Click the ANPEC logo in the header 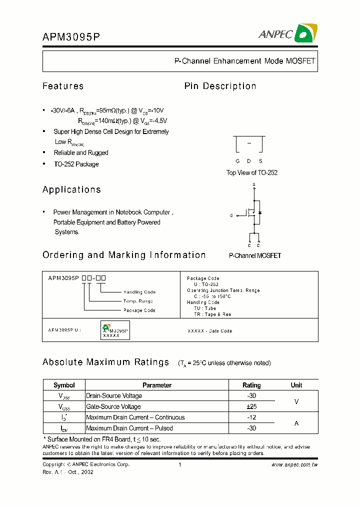pyautogui.click(x=288, y=33)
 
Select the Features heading pyautogui.click(x=63, y=86)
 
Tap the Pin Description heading pyautogui.click(x=220, y=86)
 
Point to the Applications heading pyautogui.click(x=71, y=189)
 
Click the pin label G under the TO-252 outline pyautogui.click(x=238, y=161)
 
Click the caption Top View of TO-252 pyautogui.click(x=252, y=172)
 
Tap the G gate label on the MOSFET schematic pyautogui.click(x=231, y=215)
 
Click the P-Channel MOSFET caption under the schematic pyautogui.click(x=255, y=255)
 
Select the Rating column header pyautogui.click(x=251, y=385)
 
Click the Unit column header pyautogui.click(x=296, y=385)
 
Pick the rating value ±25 pyautogui.click(x=251, y=406)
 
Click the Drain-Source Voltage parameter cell pyautogui.click(x=114, y=395)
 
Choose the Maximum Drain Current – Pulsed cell pyautogui.click(x=129, y=428)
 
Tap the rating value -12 pyautogui.click(x=251, y=417)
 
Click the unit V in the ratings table pyautogui.click(x=296, y=401)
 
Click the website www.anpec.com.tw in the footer pyautogui.click(x=294, y=464)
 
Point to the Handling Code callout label pyautogui.click(x=139, y=292)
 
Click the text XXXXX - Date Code pyautogui.click(x=209, y=331)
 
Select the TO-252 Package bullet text pyautogui.click(x=76, y=164)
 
